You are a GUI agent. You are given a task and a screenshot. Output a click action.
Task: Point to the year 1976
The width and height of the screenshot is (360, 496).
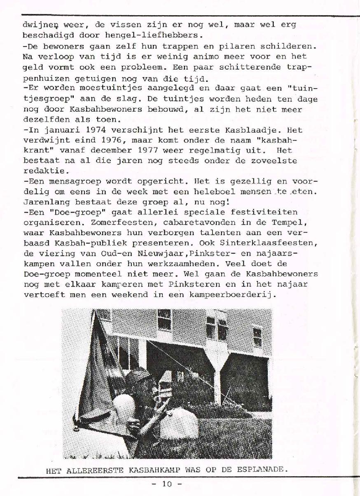113,140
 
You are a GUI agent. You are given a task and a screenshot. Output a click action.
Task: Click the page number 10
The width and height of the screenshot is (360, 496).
166,484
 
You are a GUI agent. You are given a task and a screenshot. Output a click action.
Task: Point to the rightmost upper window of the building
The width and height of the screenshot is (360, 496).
257,336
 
